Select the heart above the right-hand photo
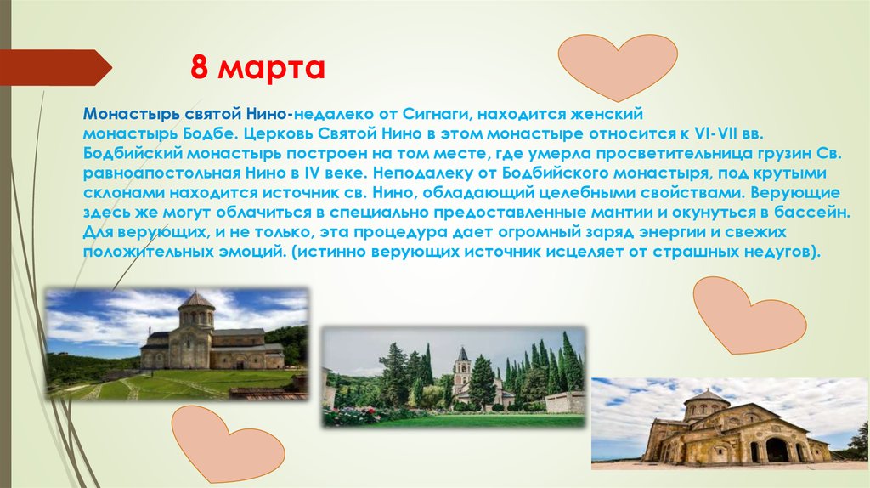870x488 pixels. pyautogui.click(x=748, y=315)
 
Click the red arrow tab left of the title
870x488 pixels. pyautogui.click(x=54, y=67)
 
